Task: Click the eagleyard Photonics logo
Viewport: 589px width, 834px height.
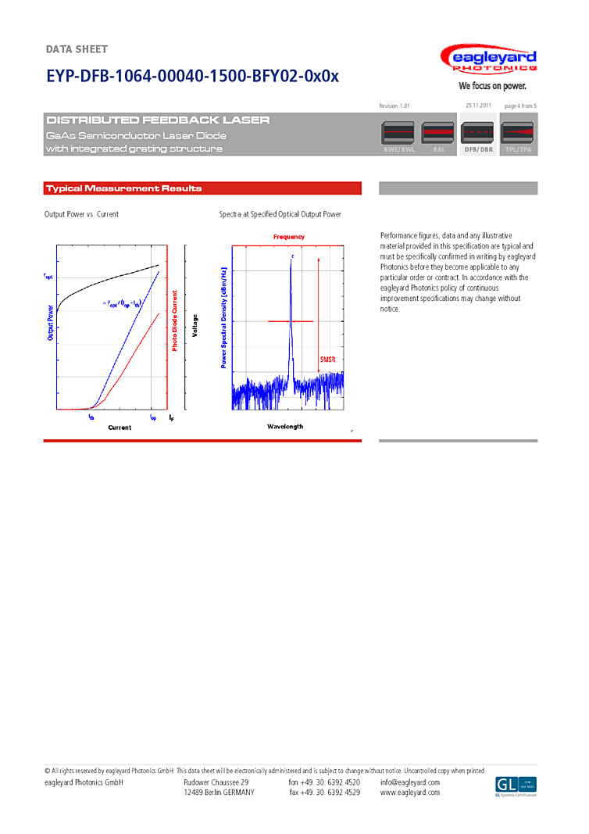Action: point(488,59)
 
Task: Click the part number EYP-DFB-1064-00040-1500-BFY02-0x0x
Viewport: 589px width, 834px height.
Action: point(192,77)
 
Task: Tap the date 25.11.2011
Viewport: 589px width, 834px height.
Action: point(478,106)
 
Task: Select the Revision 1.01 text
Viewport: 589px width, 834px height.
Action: point(394,106)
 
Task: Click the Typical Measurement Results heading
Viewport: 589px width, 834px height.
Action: point(123,188)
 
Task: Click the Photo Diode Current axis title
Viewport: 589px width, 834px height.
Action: point(175,320)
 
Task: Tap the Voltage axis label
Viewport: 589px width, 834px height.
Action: point(195,326)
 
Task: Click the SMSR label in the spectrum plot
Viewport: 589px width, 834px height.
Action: point(327,360)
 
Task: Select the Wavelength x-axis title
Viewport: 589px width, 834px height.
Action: point(285,427)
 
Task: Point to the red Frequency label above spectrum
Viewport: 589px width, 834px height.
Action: point(289,237)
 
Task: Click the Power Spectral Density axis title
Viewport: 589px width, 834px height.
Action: point(223,317)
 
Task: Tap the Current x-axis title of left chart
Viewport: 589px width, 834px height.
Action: point(120,428)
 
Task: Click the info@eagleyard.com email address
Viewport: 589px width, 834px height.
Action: point(410,782)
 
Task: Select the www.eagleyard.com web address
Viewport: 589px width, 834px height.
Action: point(410,793)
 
